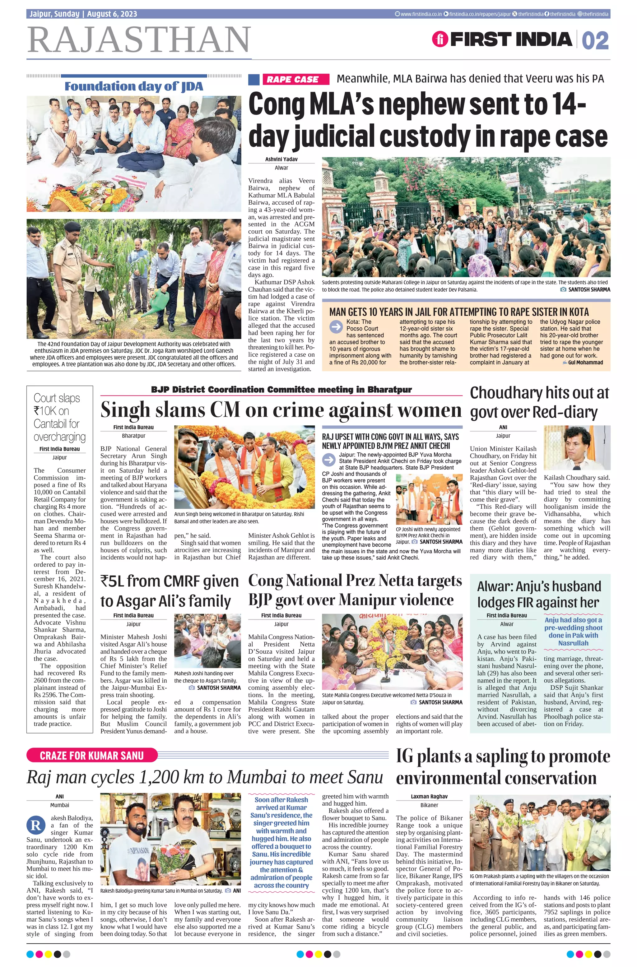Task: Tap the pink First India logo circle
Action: click(440, 39)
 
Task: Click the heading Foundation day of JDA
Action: click(134, 86)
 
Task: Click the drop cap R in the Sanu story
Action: click(35, 826)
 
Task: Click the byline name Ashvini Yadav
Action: click(281, 159)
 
